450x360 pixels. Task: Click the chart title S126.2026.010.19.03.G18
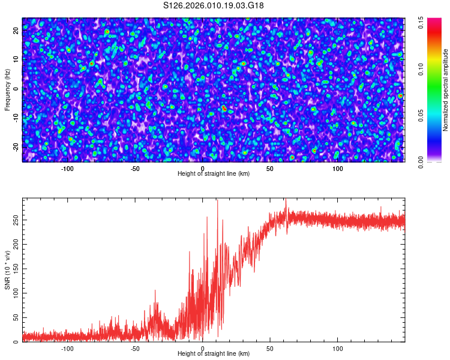[x=214, y=6]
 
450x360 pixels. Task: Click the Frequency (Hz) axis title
[x=8, y=90]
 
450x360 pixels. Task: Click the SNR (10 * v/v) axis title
[x=8, y=270]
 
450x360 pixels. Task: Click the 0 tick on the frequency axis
[x=16, y=88]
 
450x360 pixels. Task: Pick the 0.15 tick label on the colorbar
[x=422, y=23]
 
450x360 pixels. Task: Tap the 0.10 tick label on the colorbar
[x=422, y=69]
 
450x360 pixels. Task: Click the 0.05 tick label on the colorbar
[x=422, y=115]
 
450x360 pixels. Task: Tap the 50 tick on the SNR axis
[x=16, y=317]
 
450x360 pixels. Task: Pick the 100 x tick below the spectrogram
[x=338, y=168]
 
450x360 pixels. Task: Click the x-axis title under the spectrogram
[x=214, y=174]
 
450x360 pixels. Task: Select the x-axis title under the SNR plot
[x=214, y=354]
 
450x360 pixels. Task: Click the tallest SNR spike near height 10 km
[x=217, y=202]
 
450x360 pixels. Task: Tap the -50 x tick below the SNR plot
[x=135, y=348]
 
